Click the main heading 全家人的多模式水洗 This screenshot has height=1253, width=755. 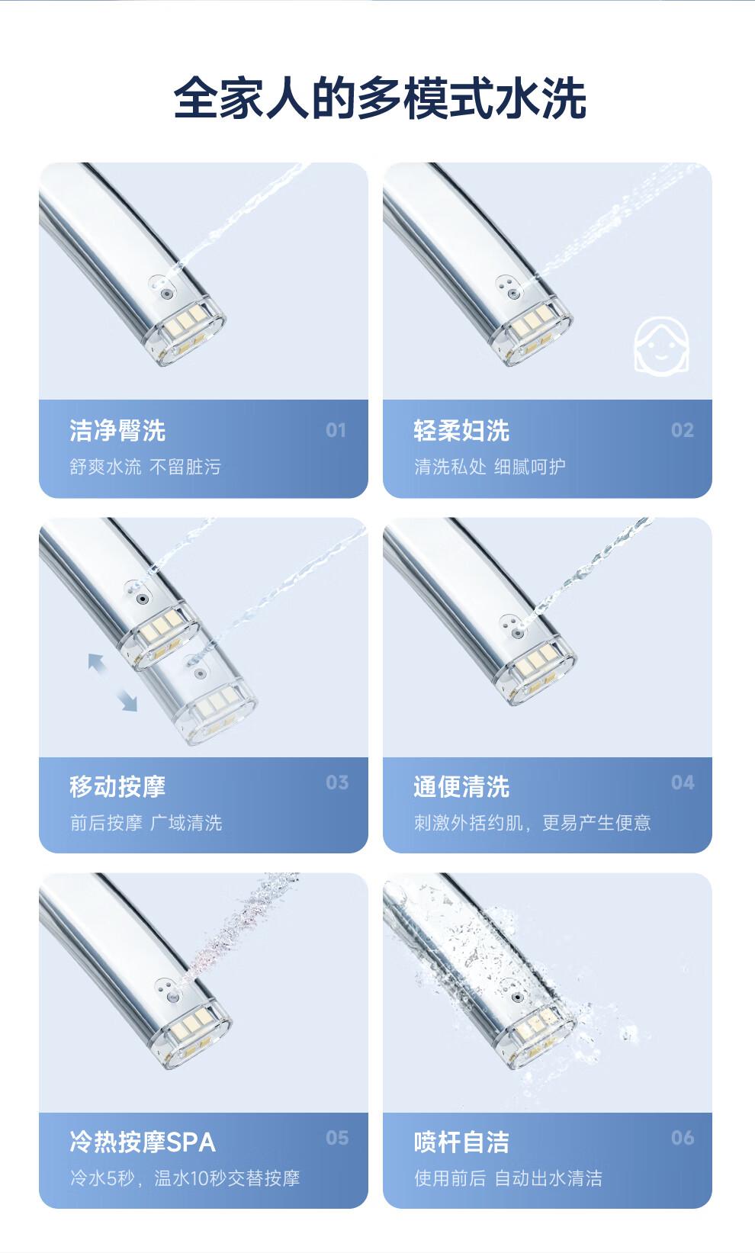pyautogui.click(x=380, y=98)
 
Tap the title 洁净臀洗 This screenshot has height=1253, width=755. pyautogui.click(x=117, y=431)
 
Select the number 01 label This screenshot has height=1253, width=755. pyautogui.click(x=336, y=430)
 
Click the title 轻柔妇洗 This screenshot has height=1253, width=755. pyautogui.click(x=461, y=431)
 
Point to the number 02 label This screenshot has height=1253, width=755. pyautogui.click(x=683, y=430)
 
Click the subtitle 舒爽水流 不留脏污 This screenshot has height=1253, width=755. pyautogui.click(x=146, y=467)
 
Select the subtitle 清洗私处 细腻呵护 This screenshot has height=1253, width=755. pyautogui.click(x=490, y=467)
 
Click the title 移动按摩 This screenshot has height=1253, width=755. pyautogui.click(x=117, y=786)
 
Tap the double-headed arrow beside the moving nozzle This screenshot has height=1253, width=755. pyautogui.click(x=112, y=683)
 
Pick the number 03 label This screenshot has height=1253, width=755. pyautogui.click(x=337, y=782)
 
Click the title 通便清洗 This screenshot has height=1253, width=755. pyautogui.click(x=461, y=786)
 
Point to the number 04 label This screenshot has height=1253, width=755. pyautogui.click(x=683, y=782)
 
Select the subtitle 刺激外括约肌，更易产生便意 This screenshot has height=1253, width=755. pyautogui.click(x=532, y=823)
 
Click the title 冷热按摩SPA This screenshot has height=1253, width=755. pyautogui.click(x=143, y=1142)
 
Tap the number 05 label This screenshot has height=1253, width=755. pyautogui.click(x=337, y=1138)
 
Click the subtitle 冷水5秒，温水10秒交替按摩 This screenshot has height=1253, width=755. pyautogui.click(x=185, y=1178)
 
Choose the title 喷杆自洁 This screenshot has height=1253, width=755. pyautogui.click(x=461, y=1142)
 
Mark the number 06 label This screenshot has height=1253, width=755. pyautogui.click(x=683, y=1138)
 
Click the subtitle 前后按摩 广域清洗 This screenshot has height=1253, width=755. pyautogui.click(x=146, y=823)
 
